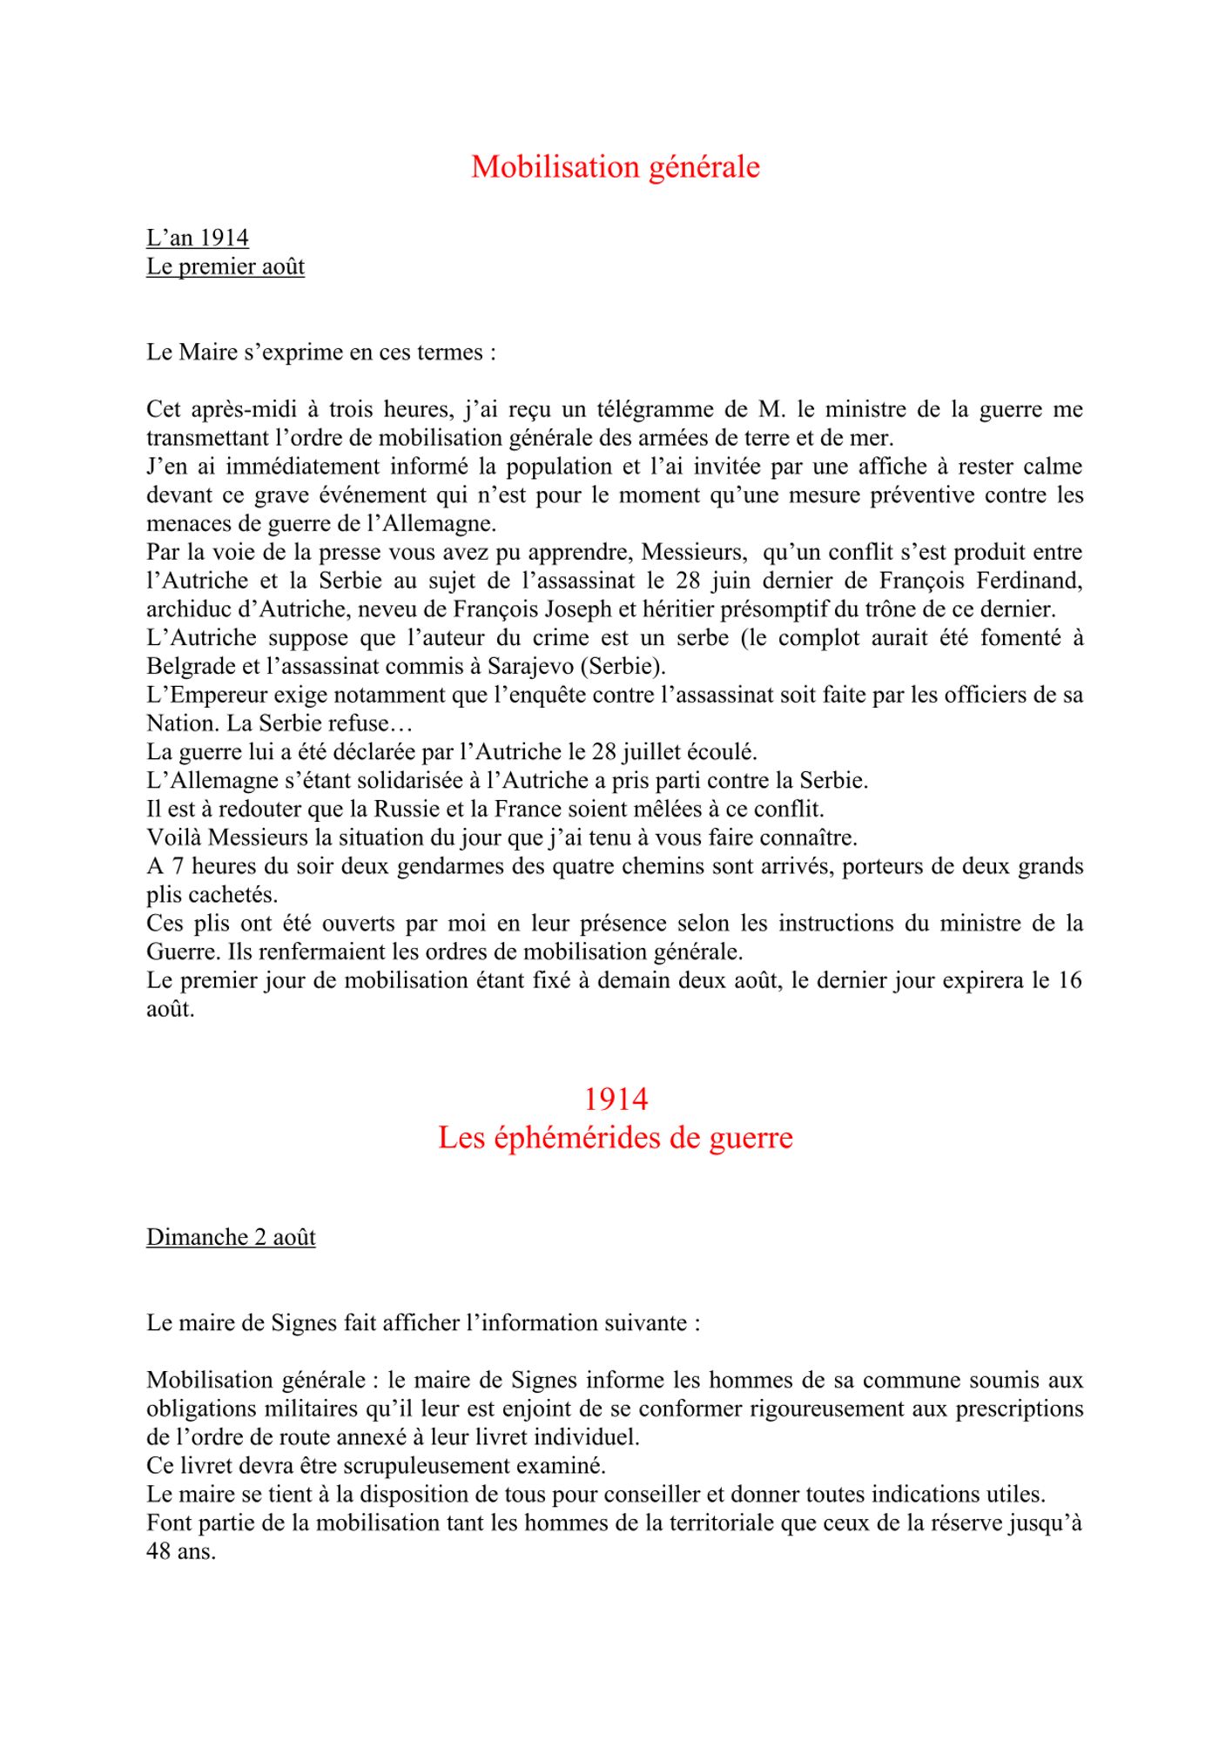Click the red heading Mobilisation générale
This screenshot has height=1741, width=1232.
click(x=615, y=166)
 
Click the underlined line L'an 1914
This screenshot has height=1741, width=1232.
click(x=198, y=238)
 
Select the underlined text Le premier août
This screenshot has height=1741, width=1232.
click(x=226, y=266)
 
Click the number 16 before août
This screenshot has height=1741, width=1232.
click(x=1069, y=980)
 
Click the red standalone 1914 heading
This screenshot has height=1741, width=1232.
click(x=616, y=1099)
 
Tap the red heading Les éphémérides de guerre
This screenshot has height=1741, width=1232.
click(x=616, y=1138)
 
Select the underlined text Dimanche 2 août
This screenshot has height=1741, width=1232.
click(x=231, y=1237)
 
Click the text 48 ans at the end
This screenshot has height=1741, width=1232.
click(x=180, y=1551)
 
